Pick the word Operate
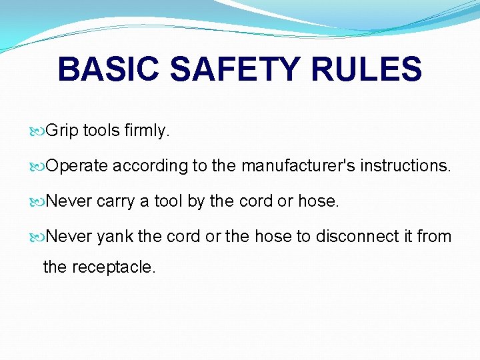tap(77, 166)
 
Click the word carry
tap(115, 201)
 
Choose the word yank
tap(115, 237)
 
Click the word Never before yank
tap(70, 236)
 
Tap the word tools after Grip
tap(101, 131)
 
